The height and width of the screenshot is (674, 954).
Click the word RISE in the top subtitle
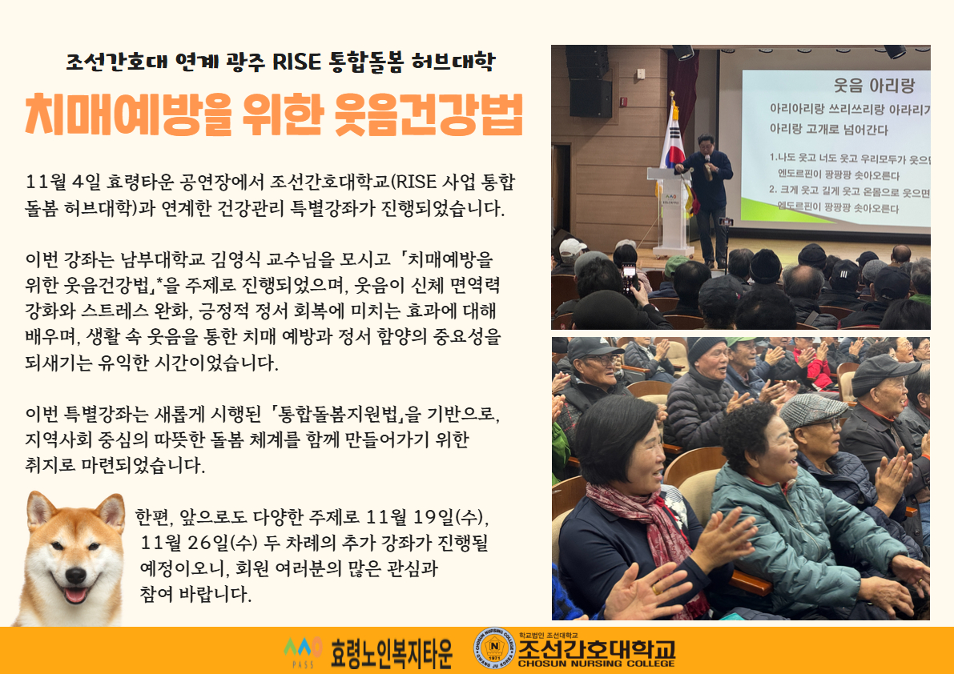(296, 61)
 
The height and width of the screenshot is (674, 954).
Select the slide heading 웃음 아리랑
(874, 85)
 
